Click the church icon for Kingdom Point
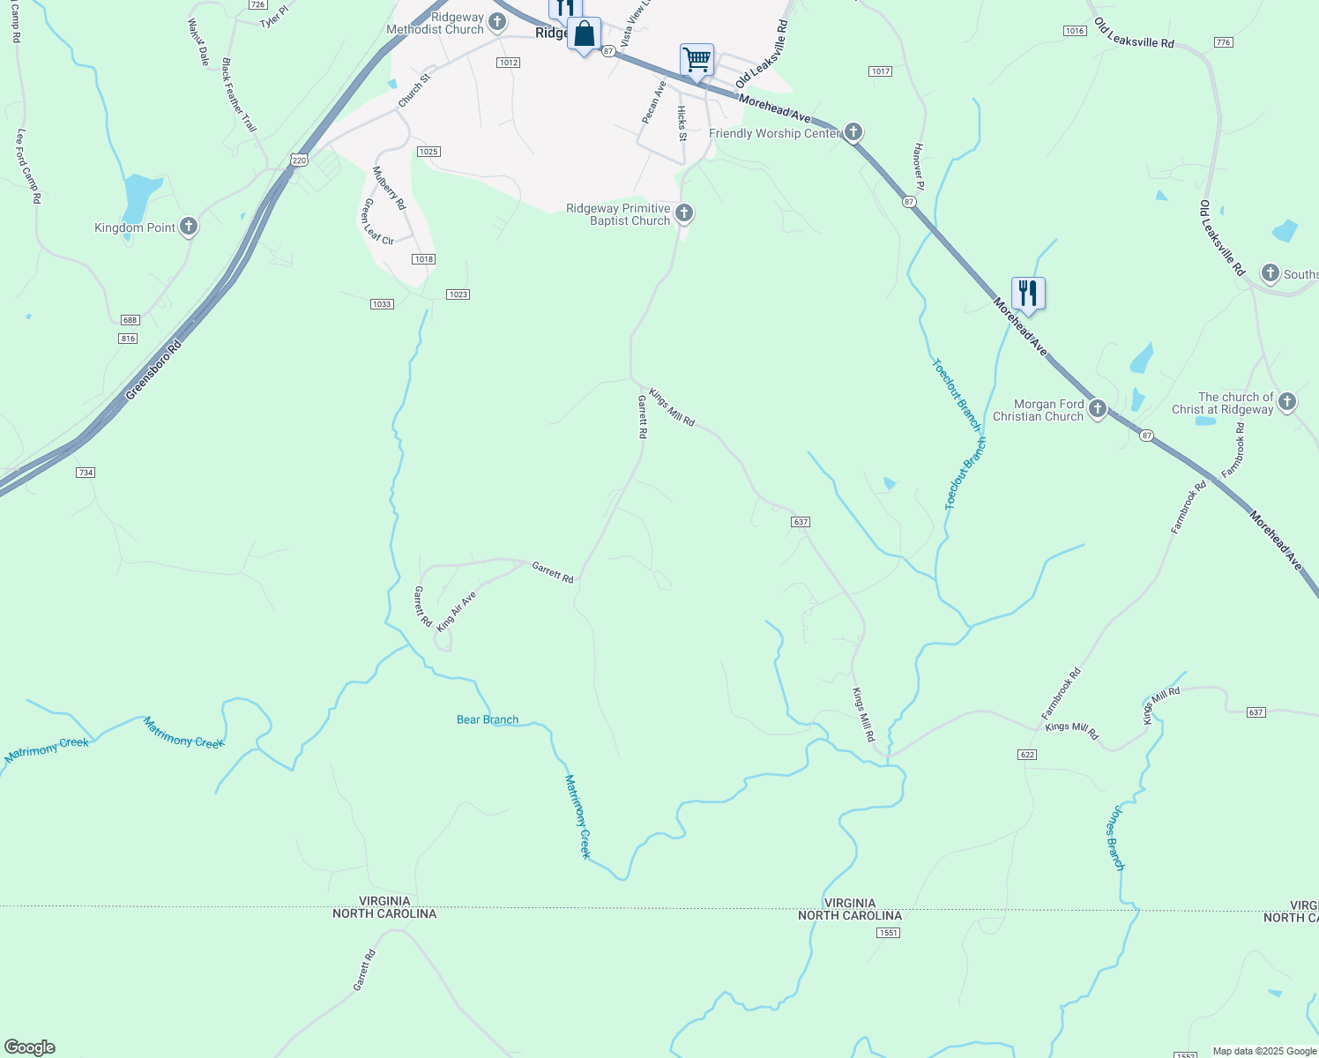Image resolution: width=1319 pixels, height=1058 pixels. (x=188, y=227)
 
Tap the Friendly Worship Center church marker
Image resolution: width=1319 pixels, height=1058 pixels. (x=853, y=132)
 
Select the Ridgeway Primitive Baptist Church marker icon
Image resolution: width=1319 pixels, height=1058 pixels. (x=683, y=213)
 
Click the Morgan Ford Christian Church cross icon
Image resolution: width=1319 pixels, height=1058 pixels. (x=1097, y=408)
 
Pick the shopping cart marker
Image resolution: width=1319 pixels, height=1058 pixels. (x=697, y=61)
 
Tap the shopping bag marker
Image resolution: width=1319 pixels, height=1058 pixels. (x=584, y=34)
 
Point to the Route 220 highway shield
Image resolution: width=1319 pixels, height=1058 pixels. (x=299, y=160)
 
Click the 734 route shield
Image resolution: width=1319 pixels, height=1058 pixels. (x=85, y=473)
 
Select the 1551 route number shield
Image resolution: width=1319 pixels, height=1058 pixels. (x=888, y=933)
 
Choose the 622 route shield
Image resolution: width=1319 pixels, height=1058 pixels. (x=1025, y=755)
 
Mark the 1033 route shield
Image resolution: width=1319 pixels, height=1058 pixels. (x=381, y=304)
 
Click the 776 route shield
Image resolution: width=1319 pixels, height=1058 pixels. (x=1222, y=42)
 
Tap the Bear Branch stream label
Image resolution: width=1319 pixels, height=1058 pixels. (x=488, y=719)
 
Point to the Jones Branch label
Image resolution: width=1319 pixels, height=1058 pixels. (x=1114, y=838)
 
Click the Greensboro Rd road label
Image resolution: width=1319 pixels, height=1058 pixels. (x=153, y=369)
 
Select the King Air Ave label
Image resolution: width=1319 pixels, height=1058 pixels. (x=456, y=610)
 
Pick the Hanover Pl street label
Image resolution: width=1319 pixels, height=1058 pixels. (x=919, y=166)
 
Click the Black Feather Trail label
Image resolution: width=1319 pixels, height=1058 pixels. (x=238, y=95)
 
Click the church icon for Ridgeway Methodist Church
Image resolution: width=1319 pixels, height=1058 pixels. (x=497, y=20)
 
